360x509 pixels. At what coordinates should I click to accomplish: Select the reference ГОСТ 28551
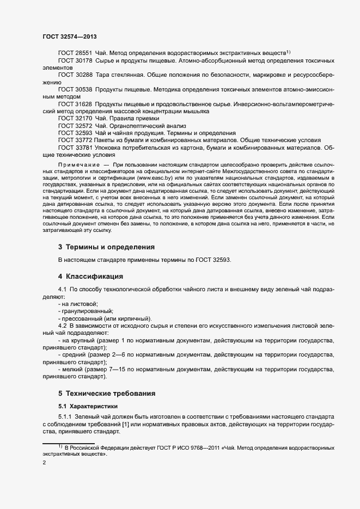click(x=75, y=53)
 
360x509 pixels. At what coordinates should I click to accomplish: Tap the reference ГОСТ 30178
click(x=75, y=61)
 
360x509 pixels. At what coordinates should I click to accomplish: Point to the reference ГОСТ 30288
click(x=75, y=74)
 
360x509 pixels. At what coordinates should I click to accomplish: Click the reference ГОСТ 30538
click(x=75, y=88)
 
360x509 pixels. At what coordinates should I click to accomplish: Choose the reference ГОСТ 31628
click(x=75, y=103)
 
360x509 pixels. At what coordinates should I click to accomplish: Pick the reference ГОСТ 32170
click(x=75, y=118)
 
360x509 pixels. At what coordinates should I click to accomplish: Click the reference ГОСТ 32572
click(x=75, y=125)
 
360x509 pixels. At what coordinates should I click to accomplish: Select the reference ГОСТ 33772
click(x=75, y=140)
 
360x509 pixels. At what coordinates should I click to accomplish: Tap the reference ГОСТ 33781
click(x=75, y=147)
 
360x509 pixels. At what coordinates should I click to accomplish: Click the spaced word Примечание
click(x=78, y=164)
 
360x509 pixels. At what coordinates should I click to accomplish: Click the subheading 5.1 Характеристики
click(x=88, y=406)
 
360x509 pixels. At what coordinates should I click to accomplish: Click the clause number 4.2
click(x=63, y=325)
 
